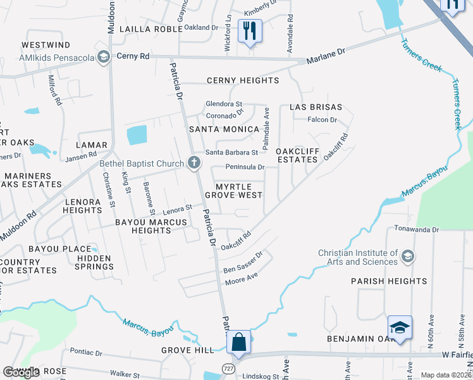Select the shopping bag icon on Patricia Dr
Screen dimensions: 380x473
[240, 342]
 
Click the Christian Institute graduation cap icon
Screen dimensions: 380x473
[408, 256]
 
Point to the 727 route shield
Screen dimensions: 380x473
[228, 368]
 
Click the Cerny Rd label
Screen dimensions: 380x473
[133, 56]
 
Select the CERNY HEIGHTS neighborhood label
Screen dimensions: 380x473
[243, 80]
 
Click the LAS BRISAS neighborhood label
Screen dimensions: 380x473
[316, 107]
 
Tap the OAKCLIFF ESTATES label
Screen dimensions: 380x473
[297, 155]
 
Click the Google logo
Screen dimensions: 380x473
[21, 372]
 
